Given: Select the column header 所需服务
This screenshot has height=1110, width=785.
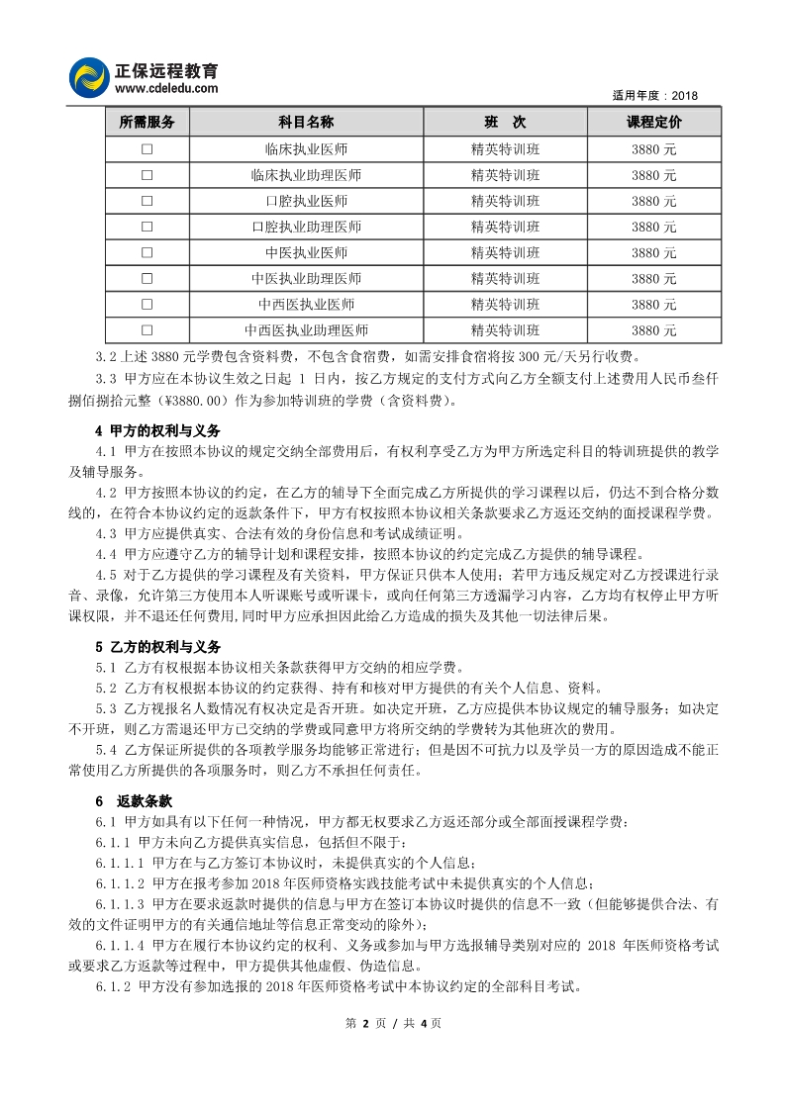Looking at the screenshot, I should (147, 123).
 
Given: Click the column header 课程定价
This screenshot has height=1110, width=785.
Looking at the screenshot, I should (653, 123).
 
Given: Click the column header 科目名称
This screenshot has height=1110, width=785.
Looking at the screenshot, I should (306, 123).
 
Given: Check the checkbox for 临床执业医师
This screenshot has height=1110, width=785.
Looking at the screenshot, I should (147, 149).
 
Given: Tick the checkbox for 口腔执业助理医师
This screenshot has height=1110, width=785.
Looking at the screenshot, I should (147, 227).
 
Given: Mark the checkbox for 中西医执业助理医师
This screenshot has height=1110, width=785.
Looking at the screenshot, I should (147, 329).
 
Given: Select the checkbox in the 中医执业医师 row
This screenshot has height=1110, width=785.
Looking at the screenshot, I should (147, 252).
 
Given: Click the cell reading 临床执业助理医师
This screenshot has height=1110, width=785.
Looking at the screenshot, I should (306, 175).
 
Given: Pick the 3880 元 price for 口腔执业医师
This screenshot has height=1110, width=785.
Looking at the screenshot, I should (653, 201).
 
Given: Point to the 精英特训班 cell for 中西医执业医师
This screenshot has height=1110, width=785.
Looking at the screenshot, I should (505, 304).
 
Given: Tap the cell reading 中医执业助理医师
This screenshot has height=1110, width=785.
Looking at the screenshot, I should (306, 278).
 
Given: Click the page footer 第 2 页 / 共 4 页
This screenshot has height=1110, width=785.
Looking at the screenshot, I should (392, 1023).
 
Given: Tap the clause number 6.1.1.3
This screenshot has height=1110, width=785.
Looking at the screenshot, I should (120, 904).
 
